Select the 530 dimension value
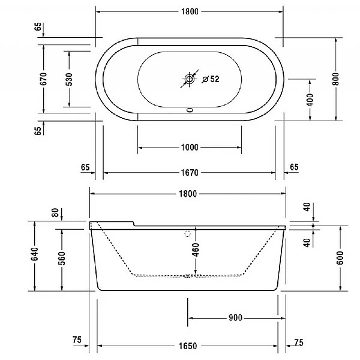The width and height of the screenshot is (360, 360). tap(69, 78)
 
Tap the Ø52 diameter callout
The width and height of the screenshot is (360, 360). tap(211, 79)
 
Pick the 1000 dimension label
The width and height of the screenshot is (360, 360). tap(190, 147)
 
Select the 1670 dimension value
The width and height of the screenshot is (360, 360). tap(190, 173)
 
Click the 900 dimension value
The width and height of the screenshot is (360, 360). tap(235, 318)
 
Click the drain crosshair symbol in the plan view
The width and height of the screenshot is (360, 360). tap(190, 79)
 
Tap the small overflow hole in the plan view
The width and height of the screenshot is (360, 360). tap(190, 110)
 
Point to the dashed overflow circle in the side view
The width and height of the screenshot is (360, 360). tap(187, 234)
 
